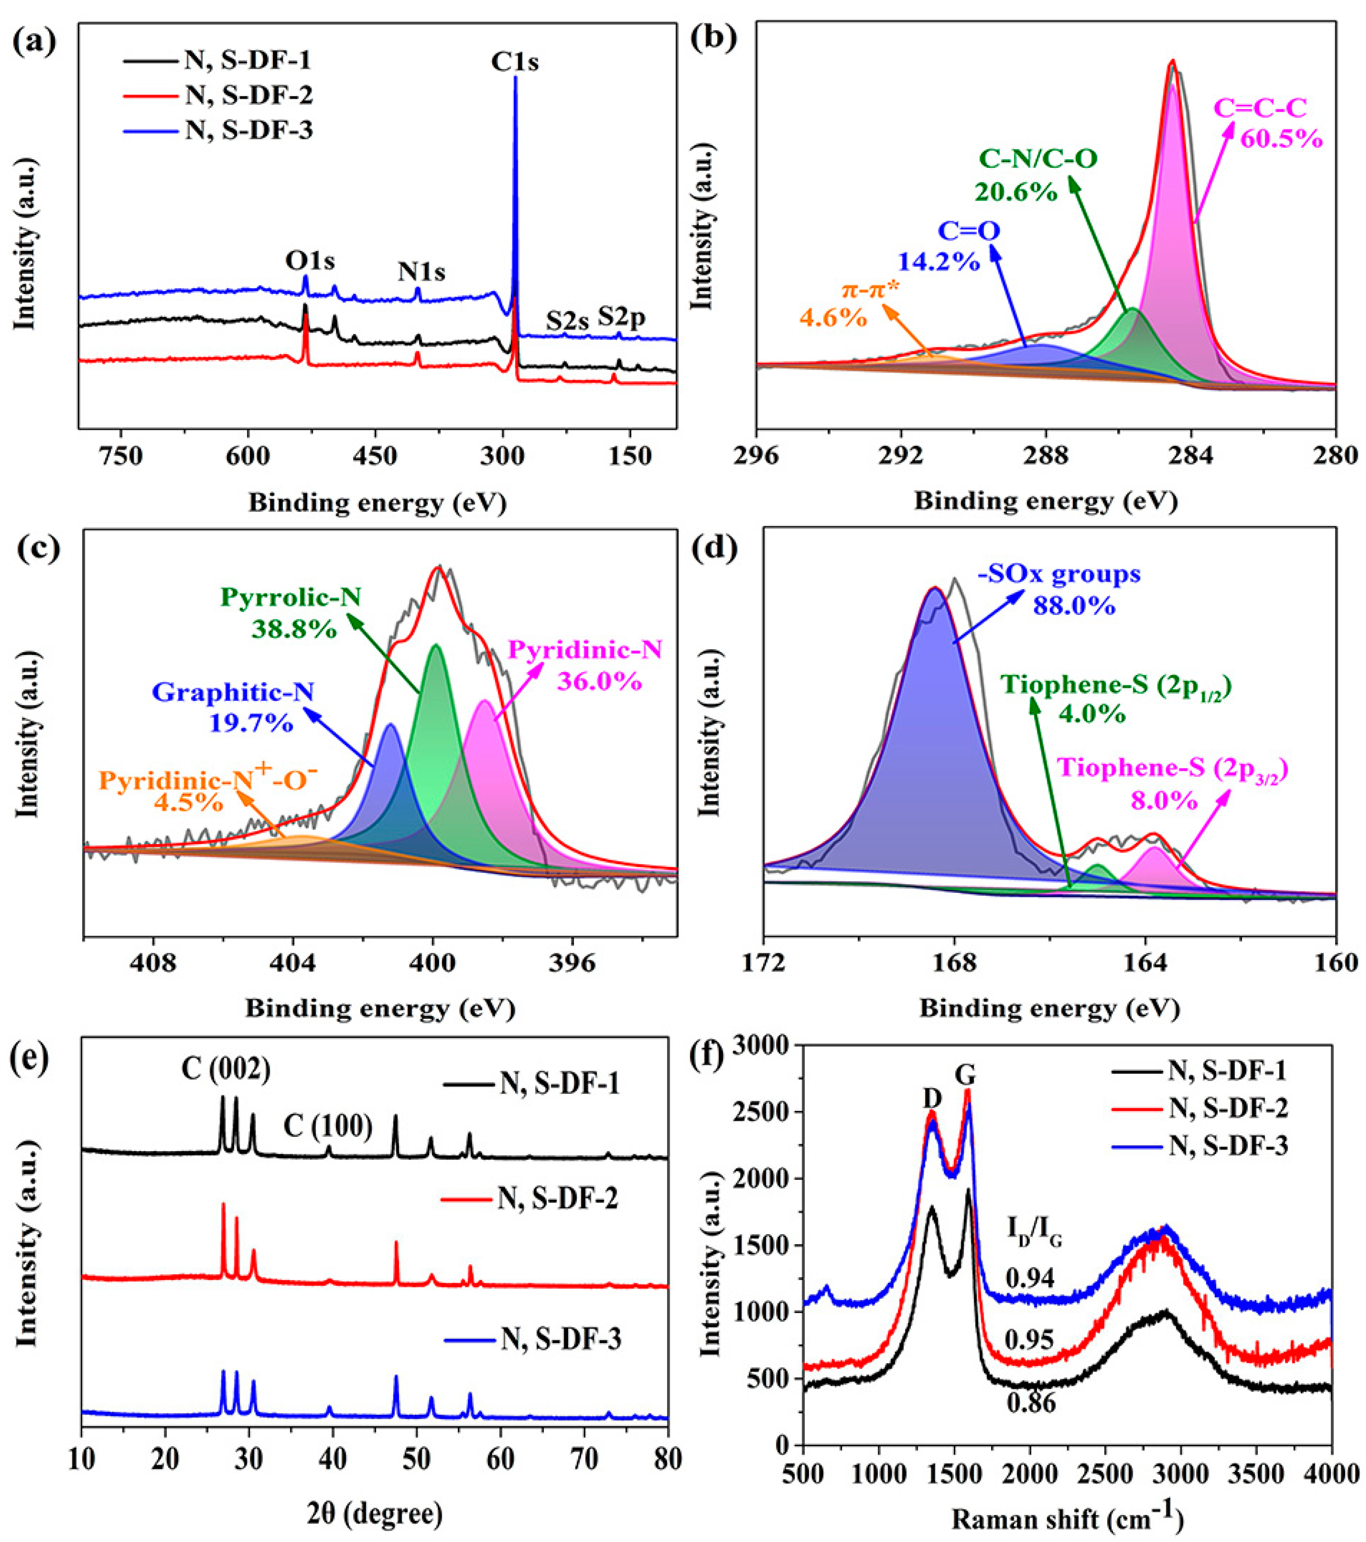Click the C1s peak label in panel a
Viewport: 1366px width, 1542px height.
(x=515, y=62)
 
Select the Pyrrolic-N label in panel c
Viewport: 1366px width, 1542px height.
(x=290, y=598)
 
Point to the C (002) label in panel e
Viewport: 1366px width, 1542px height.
(x=225, y=1068)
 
